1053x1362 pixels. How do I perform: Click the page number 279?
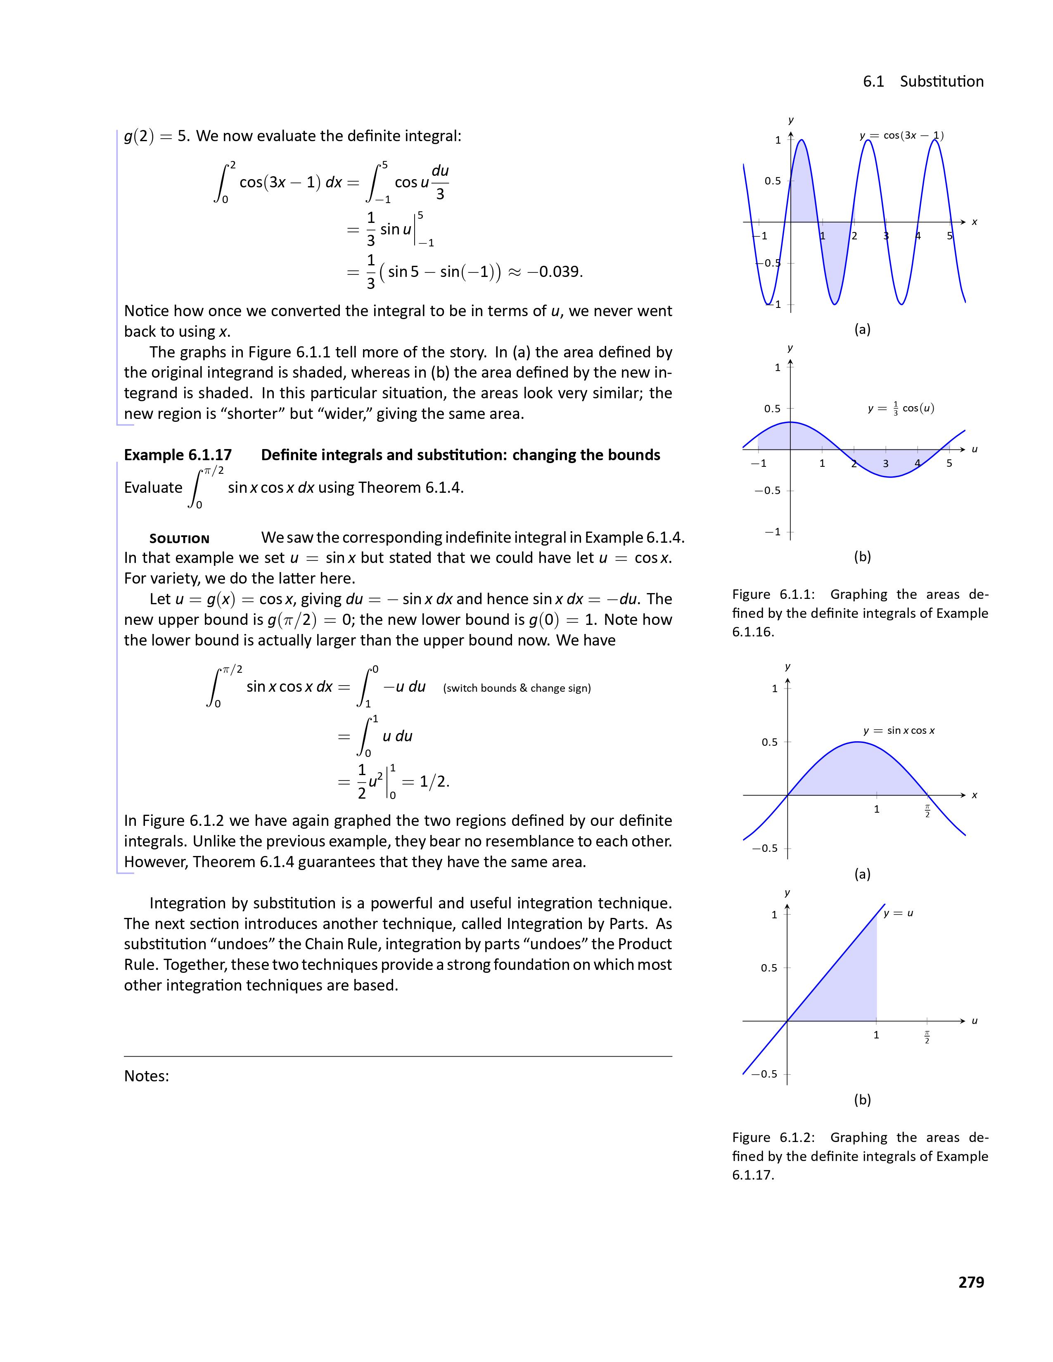[971, 1282]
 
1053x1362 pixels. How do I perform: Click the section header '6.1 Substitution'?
[923, 82]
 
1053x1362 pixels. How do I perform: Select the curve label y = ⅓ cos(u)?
[900, 409]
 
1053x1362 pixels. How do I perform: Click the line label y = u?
[898, 913]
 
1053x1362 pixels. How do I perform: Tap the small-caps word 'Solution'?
[179, 539]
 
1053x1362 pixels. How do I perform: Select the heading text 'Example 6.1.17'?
[178, 455]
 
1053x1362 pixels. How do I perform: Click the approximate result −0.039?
[555, 272]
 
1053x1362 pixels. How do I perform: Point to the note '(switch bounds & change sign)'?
[517, 688]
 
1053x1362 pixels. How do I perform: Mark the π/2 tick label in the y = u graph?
[927, 1038]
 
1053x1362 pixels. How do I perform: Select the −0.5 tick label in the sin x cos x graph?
[766, 848]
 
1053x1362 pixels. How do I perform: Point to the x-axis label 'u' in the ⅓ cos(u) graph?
[975, 449]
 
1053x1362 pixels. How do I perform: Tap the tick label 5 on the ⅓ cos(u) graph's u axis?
[949, 463]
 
